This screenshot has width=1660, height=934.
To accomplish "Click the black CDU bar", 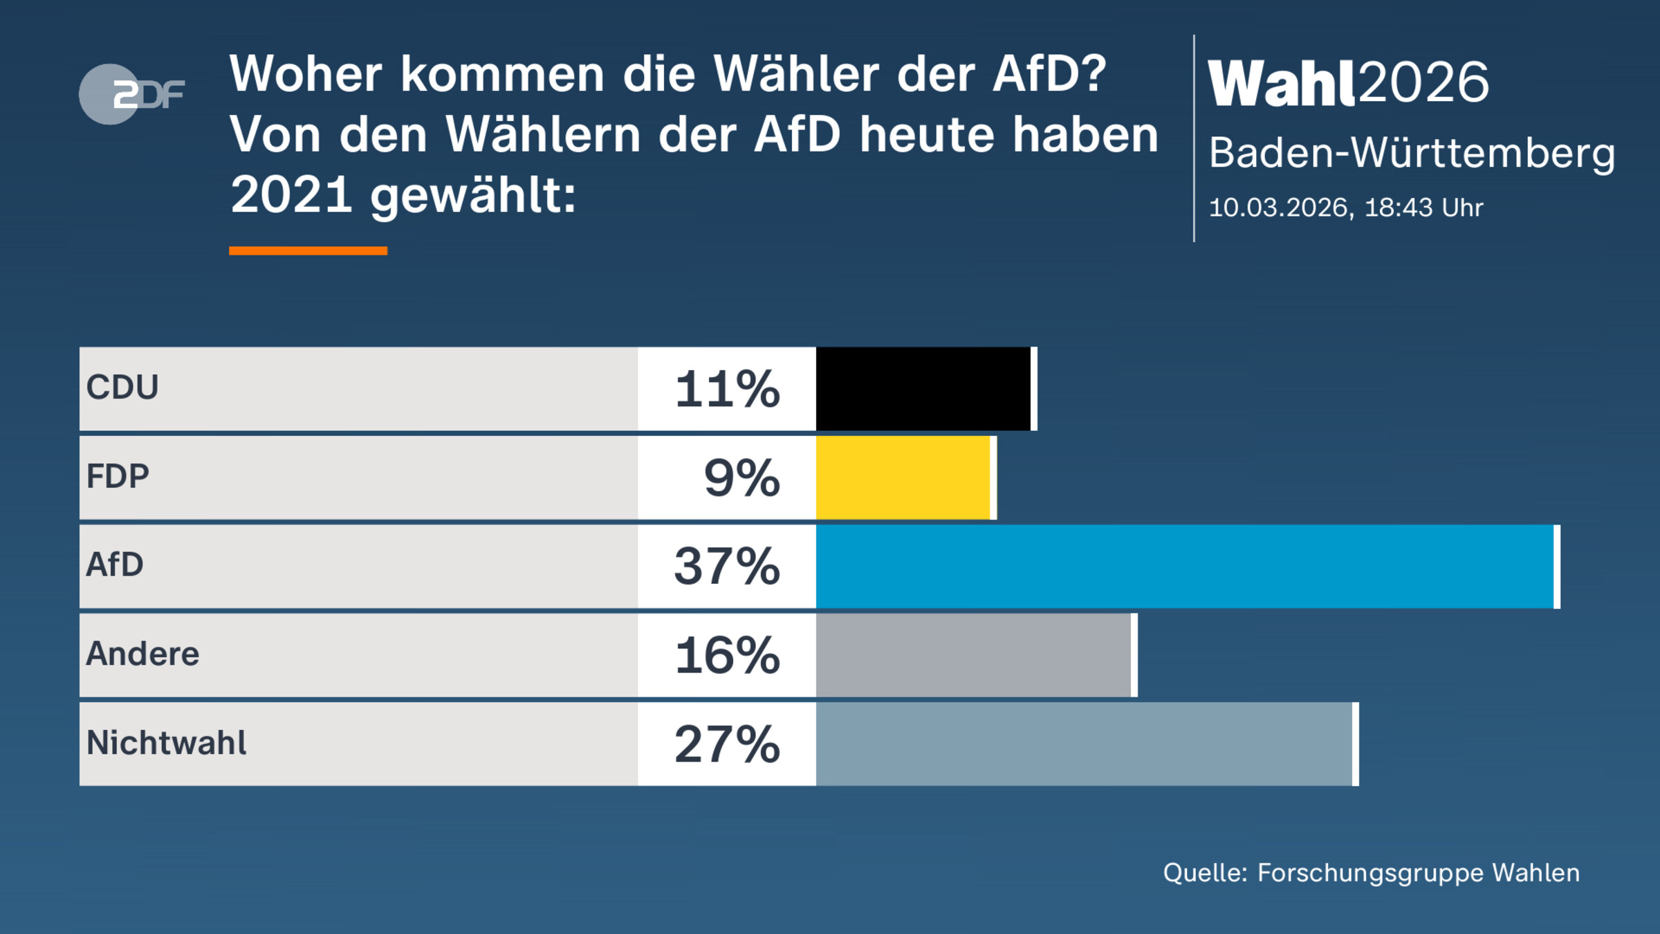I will (923, 389).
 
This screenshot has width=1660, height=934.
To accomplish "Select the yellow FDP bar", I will (903, 477).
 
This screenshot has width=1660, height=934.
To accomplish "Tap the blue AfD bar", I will (1185, 567).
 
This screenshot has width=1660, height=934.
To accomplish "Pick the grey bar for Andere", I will (974, 655).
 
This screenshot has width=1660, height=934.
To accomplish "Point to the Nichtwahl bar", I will (1085, 744).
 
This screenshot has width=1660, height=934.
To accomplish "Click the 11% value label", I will (727, 389).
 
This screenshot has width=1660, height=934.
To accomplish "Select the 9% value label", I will (741, 477).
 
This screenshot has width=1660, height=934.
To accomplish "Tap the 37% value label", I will (727, 567).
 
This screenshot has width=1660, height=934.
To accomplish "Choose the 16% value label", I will (727, 655).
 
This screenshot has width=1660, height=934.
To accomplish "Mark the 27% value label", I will (727, 744).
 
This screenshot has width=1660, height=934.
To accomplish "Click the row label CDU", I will (122, 387).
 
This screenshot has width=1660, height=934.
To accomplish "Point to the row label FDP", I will (118, 477).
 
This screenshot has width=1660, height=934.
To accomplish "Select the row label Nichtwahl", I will (166, 743).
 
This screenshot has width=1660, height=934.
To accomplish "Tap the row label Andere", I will (142, 654).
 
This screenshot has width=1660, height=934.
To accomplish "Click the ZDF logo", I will (131, 94).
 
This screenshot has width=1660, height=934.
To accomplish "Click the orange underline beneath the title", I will (308, 251).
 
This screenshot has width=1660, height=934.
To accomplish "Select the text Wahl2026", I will (1347, 83).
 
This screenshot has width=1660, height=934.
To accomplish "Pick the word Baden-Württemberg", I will (1411, 154).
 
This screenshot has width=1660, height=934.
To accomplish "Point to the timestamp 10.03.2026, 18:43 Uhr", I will (1345, 208).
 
